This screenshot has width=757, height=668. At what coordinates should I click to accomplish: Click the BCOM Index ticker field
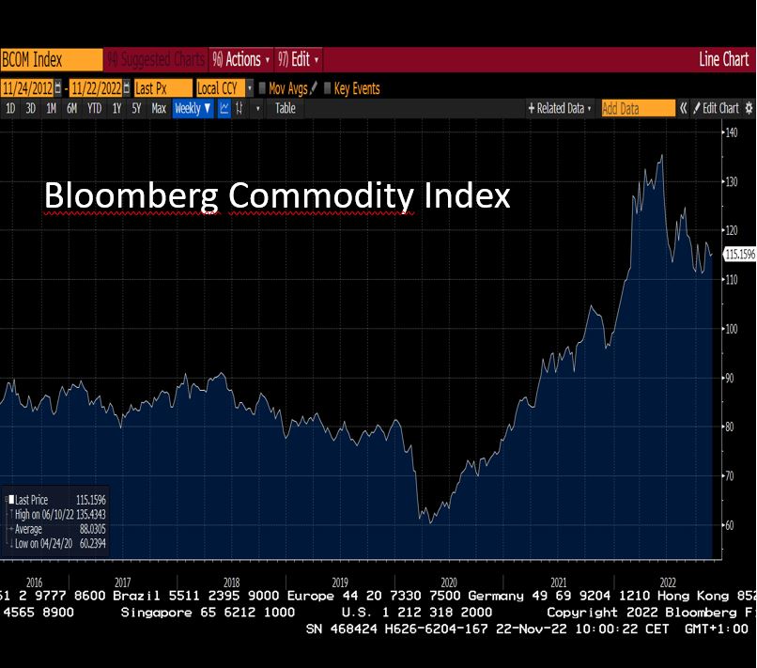tap(38, 59)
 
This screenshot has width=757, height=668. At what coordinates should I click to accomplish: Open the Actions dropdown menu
tap(241, 59)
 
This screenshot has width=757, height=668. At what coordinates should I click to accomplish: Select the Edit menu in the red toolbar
tap(300, 59)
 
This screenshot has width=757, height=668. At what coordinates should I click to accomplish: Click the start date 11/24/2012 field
tap(29, 88)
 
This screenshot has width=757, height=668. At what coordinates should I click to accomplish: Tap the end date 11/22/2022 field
tap(96, 88)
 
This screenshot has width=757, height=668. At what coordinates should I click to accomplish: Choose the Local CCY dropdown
tap(224, 88)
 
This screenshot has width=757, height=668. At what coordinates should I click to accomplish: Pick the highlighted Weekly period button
tap(193, 108)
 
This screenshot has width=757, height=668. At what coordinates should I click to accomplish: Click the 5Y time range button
tap(136, 108)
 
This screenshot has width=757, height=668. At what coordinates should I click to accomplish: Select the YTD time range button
tap(94, 108)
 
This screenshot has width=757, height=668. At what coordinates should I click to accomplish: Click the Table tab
tap(286, 108)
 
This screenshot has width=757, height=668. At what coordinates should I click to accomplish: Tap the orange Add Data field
tap(637, 108)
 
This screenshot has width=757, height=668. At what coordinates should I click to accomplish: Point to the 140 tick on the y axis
tap(731, 132)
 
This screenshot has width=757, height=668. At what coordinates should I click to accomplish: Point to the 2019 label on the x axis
tap(340, 582)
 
